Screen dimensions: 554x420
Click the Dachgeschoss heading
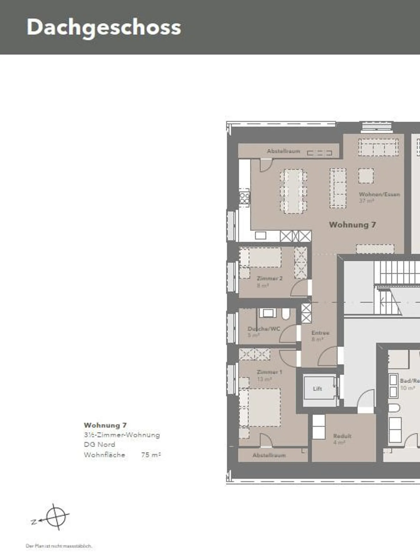104,27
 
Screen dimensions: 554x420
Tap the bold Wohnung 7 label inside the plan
352,225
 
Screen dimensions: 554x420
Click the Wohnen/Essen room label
379,194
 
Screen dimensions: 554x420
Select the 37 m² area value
366,201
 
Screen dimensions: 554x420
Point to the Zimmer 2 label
269,278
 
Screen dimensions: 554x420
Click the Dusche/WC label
264,329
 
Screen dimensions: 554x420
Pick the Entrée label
320,333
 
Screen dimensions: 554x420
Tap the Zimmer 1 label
269,372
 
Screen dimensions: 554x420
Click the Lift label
317,389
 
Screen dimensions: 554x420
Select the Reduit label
342,436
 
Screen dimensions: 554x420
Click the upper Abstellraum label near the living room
283,151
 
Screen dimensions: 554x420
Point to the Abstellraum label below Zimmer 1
269,455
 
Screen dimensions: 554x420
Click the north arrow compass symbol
56,517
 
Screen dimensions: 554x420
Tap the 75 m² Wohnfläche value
151,455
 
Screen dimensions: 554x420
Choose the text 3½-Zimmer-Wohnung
122,435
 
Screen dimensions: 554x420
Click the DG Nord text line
99,444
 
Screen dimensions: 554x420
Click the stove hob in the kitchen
244,198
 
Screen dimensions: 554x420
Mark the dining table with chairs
293,191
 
